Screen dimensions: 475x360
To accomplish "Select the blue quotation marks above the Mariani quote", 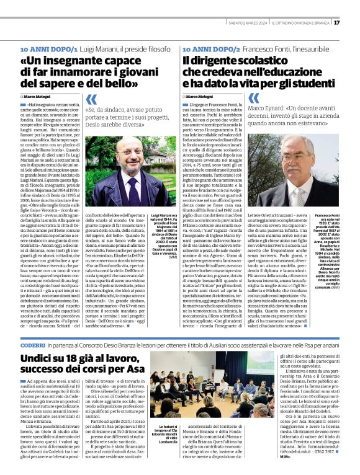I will click(91, 99).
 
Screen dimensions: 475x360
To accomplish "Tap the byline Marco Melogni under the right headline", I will click(200, 97).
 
